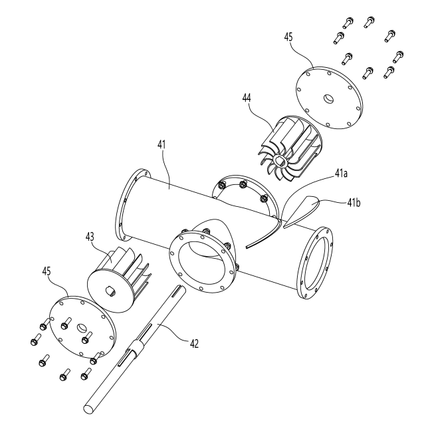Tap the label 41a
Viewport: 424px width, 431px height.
(341, 174)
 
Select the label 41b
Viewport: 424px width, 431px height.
(354, 203)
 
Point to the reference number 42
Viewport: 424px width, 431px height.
(193, 344)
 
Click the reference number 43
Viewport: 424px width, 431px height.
(90, 237)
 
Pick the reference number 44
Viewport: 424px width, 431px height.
(247, 98)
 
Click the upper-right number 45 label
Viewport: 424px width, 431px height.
(288, 37)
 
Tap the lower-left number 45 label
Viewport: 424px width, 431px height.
(47, 271)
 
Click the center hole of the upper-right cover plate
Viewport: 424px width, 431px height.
(328, 98)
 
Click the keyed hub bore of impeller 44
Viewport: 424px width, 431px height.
(280, 160)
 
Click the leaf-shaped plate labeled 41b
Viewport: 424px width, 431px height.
(302, 212)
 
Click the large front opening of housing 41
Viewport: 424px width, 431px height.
(204, 261)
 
